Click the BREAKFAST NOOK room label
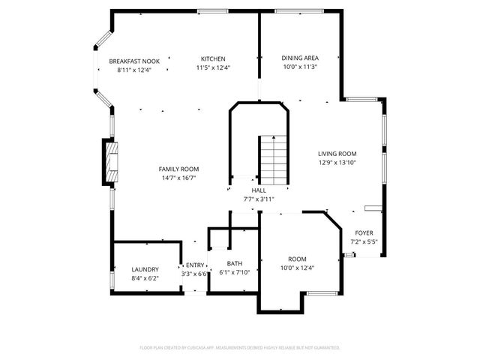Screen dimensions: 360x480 pos(134,61)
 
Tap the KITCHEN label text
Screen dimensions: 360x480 pos(212,58)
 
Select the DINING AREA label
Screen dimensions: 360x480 pos(300,58)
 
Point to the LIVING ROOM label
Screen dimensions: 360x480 pos(337,153)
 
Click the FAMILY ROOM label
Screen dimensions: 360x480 pos(178,169)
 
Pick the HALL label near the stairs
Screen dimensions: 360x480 pos(259,190)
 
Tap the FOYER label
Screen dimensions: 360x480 pos(364,232)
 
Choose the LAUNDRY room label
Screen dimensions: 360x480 pos(145,269)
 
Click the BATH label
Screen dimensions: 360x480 pos(235,263)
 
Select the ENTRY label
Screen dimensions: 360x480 pos(195,265)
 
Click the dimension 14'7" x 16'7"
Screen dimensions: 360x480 pos(178,178)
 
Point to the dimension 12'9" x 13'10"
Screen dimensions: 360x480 pos(337,162)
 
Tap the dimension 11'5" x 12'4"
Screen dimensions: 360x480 pos(212,67)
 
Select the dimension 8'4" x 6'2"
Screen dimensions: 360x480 pos(145,278)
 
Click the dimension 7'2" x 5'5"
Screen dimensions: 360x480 pos(364,241)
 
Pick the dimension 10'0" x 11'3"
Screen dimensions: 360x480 pos(300,67)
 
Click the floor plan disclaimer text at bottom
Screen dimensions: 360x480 pos(240,347)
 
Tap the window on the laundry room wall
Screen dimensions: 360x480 pos(111,279)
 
